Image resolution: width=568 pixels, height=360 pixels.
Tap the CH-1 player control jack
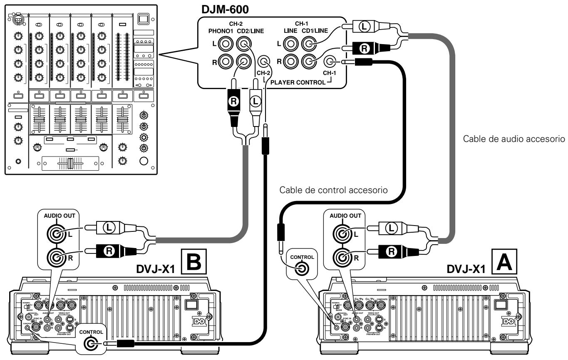(330, 62)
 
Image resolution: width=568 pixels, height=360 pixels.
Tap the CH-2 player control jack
(263, 62)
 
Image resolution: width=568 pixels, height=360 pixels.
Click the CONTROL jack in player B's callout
(90, 344)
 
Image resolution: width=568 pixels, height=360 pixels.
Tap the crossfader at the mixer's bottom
(71, 164)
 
